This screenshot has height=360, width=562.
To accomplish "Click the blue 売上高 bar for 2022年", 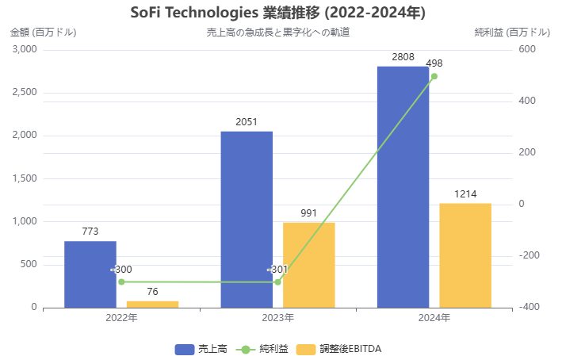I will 90,274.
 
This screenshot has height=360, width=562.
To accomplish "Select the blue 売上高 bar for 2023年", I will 247,219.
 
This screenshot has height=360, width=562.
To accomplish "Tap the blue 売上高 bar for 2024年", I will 403,186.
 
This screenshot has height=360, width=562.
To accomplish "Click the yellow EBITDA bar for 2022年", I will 152,304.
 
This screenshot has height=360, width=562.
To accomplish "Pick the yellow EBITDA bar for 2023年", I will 308,265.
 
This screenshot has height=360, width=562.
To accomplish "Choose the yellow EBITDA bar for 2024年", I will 465,255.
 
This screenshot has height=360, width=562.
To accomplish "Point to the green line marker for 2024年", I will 434,76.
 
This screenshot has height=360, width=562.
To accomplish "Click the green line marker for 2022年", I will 121,281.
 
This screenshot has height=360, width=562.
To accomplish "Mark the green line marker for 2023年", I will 277,281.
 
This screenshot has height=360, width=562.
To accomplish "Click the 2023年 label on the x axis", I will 277,318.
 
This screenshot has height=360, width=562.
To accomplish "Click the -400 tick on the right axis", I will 527,307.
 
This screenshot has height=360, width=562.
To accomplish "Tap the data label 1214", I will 465,194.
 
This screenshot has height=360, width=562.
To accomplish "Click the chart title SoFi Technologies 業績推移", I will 277,13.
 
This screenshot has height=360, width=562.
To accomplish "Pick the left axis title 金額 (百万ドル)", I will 44,33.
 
